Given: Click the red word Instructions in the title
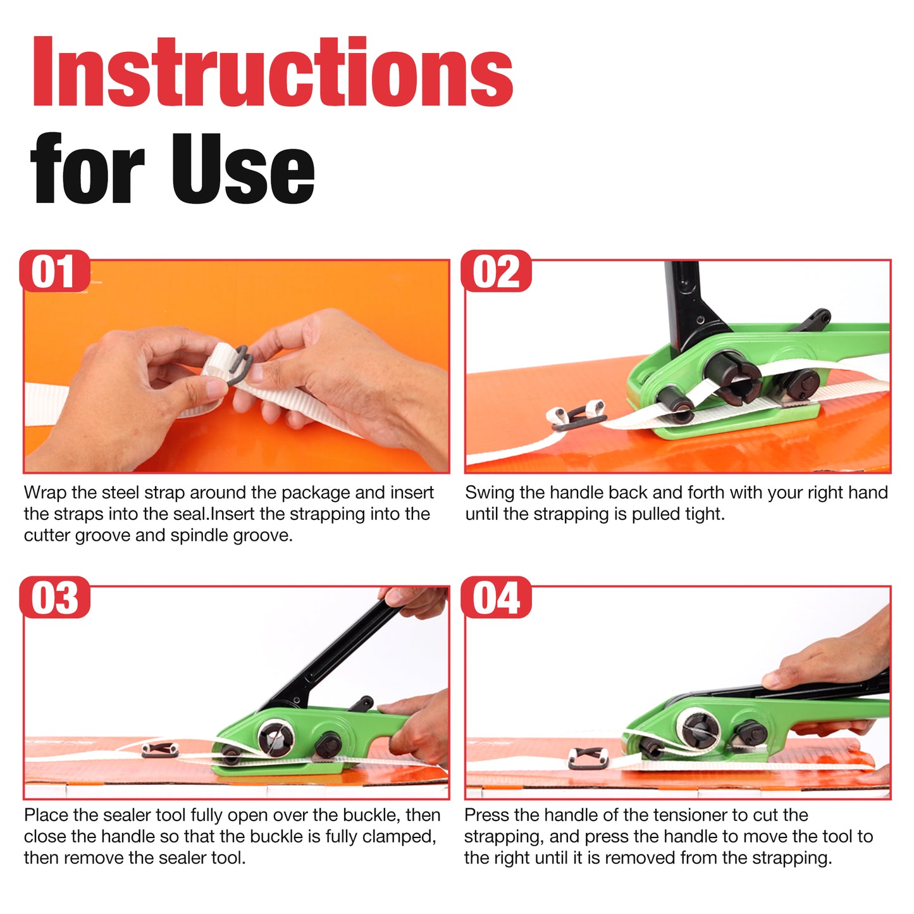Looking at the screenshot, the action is pos(273,71).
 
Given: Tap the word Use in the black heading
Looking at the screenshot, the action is pos(242,169).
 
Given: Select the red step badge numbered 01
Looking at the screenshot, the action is pos(54,271).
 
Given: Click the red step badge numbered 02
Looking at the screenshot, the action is pos(496,271).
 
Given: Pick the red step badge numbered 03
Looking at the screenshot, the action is pos(54,596).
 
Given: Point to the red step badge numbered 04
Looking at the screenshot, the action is pos(496,596).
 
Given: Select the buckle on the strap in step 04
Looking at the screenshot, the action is pos(588,760).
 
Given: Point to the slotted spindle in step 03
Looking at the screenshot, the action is pos(276,739).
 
